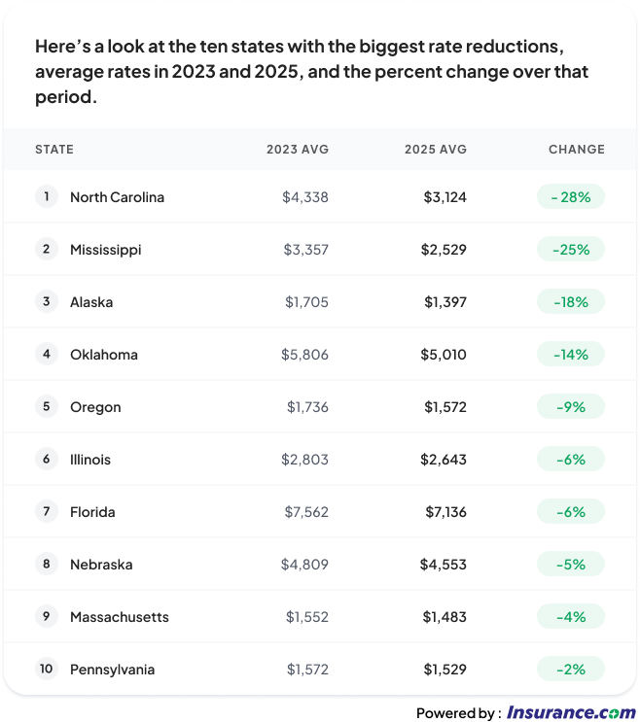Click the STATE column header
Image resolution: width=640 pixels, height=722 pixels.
point(54,150)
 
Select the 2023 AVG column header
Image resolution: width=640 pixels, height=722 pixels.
point(298,150)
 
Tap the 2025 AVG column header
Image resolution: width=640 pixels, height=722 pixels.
point(436,150)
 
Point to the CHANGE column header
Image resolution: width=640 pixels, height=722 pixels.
point(576,150)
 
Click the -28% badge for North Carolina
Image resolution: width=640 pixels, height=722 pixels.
point(571,197)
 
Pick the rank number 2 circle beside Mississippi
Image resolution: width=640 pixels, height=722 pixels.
point(46,249)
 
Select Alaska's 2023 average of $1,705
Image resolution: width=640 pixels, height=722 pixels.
point(306,302)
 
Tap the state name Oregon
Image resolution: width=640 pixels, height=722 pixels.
point(95,407)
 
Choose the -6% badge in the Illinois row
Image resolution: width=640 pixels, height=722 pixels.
point(571,460)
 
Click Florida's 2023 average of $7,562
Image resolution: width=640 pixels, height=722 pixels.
point(305,512)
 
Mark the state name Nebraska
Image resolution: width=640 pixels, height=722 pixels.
point(101,565)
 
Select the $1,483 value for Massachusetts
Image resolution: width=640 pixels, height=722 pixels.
point(444,617)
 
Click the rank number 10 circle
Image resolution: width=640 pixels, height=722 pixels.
point(46,669)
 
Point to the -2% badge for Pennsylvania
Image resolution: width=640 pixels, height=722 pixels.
point(571,670)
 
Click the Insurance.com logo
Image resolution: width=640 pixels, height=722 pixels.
point(570,712)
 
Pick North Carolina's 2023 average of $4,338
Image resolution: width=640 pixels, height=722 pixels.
point(305,197)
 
